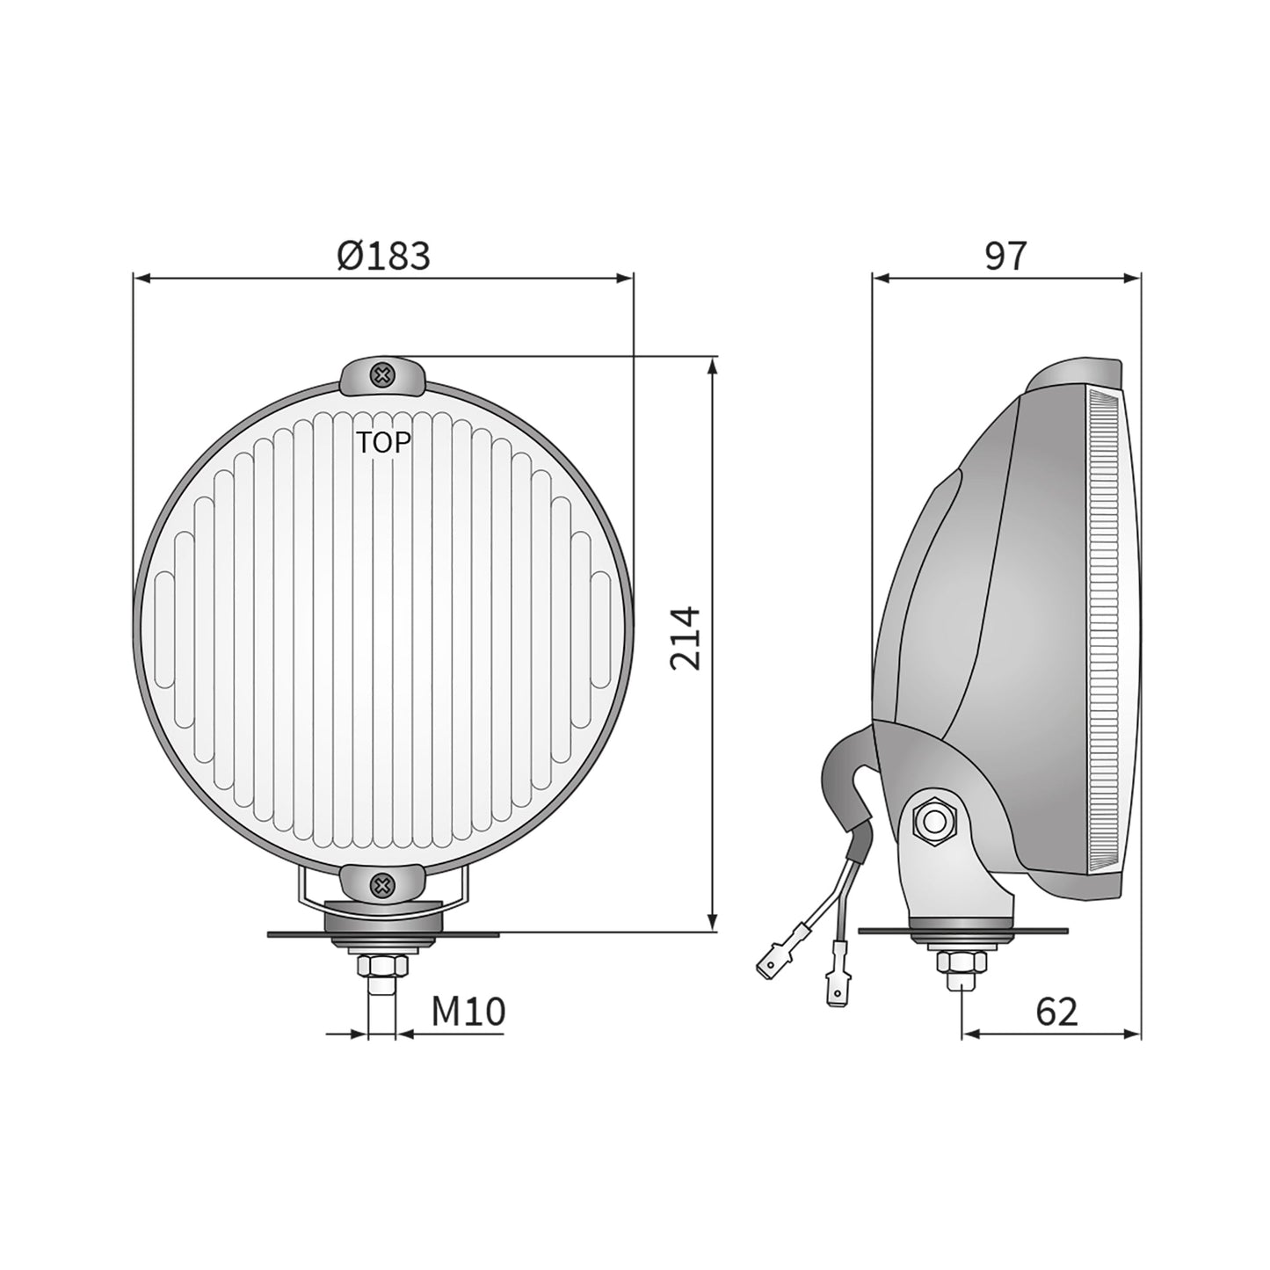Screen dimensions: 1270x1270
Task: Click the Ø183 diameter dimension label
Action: tap(383, 256)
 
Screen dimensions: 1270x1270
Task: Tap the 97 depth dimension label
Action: tap(1005, 256)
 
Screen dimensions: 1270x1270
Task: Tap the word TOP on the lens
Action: tap(383, 443)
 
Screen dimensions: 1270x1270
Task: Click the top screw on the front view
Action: tap(381, 376)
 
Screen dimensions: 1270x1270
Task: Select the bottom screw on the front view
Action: tap(381, 886)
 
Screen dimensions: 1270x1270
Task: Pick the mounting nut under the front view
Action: tap(381, 968)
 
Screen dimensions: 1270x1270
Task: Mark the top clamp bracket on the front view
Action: tap(381, 378)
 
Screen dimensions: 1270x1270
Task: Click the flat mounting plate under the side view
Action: tap(1037, 931)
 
